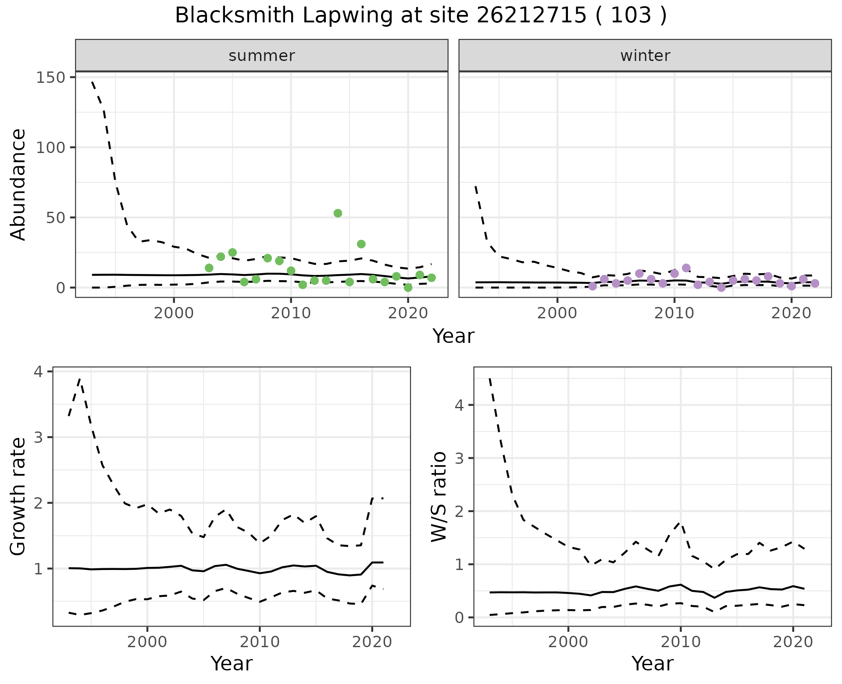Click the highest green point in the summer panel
click(x=338, y=213)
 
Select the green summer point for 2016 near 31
click(x=361, y=244)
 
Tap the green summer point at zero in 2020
click(x=408, y=288)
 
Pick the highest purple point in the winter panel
click(x=686, y=268)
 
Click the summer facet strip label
click(x=262, y=56)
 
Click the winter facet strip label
click(x=645, y=56)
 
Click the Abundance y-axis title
click(x=18, y=185)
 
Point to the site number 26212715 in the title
click(x=531, y=16)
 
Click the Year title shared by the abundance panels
click(x=453, y=336)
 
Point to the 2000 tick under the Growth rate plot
click(x=147, y=642)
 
